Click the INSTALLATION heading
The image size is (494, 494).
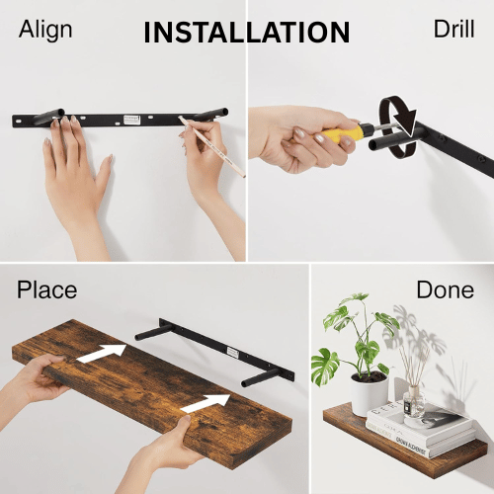click(x=247, y=33)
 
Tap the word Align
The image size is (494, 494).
click(x=45, y=31)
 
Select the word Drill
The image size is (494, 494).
click(x=453, y=29)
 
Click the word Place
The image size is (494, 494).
click(x=46, y=290)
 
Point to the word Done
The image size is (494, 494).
click(x=446, y=289)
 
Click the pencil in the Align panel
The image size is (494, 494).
click(x=211, y=146)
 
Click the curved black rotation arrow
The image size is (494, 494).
click(x=398, y=127)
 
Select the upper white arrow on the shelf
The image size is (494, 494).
click(x=102, y=353)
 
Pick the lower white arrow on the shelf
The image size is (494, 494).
click(x=206, y=403)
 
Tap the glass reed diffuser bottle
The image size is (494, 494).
click(x=414, y=402)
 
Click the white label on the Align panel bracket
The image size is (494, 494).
click(x=131, y=120)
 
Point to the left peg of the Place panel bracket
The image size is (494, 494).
click(x=154, y=332)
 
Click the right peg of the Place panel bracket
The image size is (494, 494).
click(x=260, y=378)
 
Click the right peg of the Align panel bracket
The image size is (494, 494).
click(x=210, y=114)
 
